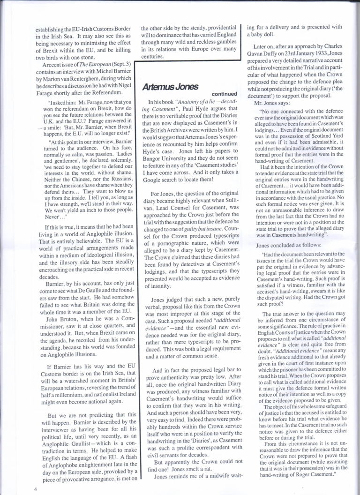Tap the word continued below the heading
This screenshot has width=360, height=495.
point(218,94)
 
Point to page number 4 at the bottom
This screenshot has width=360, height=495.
point(36,488)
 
